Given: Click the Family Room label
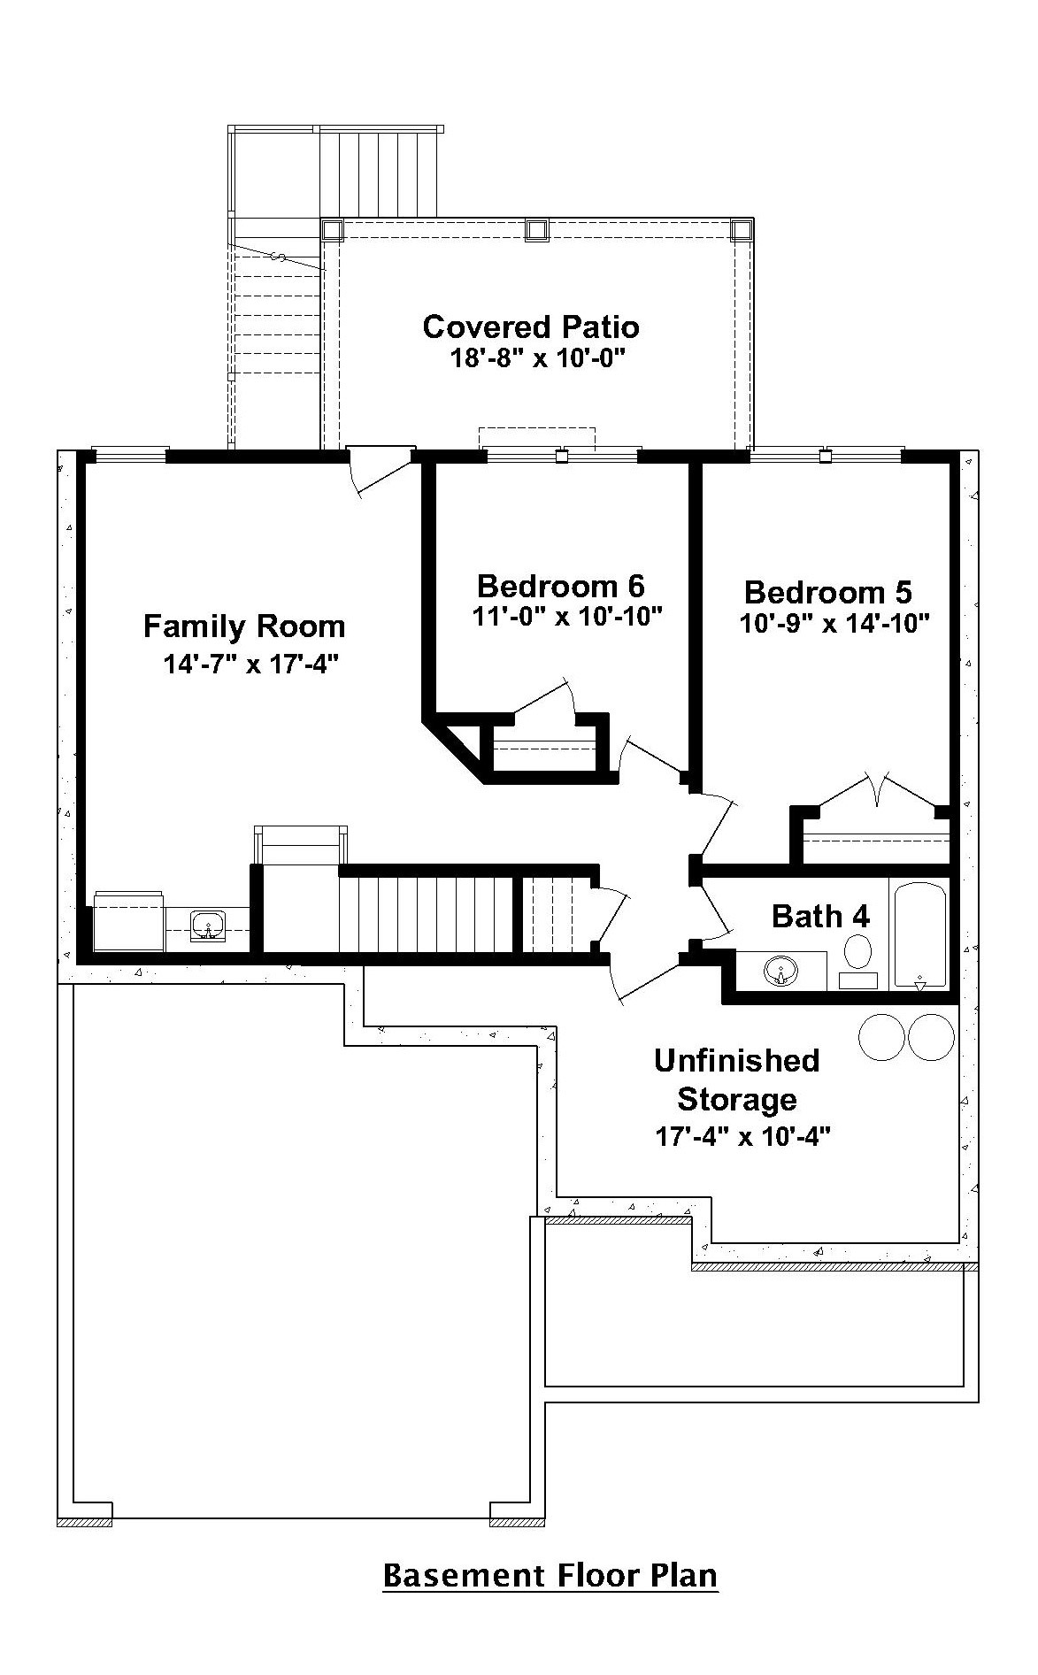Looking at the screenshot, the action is tap(244, 626).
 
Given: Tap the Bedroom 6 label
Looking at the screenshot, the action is tap(561, 586).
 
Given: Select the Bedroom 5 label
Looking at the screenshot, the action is tap(828, 592).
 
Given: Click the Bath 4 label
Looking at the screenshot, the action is tap(820, 916).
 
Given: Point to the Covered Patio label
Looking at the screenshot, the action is tap(531, 327).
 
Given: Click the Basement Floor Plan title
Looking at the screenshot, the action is tap(550, 1575).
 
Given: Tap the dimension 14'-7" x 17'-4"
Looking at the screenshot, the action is tap(252, 664).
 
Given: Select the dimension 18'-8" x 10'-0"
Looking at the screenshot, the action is tap(537, 358).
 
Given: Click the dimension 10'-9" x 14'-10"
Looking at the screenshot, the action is tap(834, 624).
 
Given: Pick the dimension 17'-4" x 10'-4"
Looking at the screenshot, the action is tap(742, 1136).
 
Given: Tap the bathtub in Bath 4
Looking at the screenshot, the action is tap(919, 935).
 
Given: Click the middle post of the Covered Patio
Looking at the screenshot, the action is tap(535, 230).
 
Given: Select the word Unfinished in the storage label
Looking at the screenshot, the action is tap(737, 1060).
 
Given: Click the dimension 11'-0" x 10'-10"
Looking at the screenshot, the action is tap(568, 617).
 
